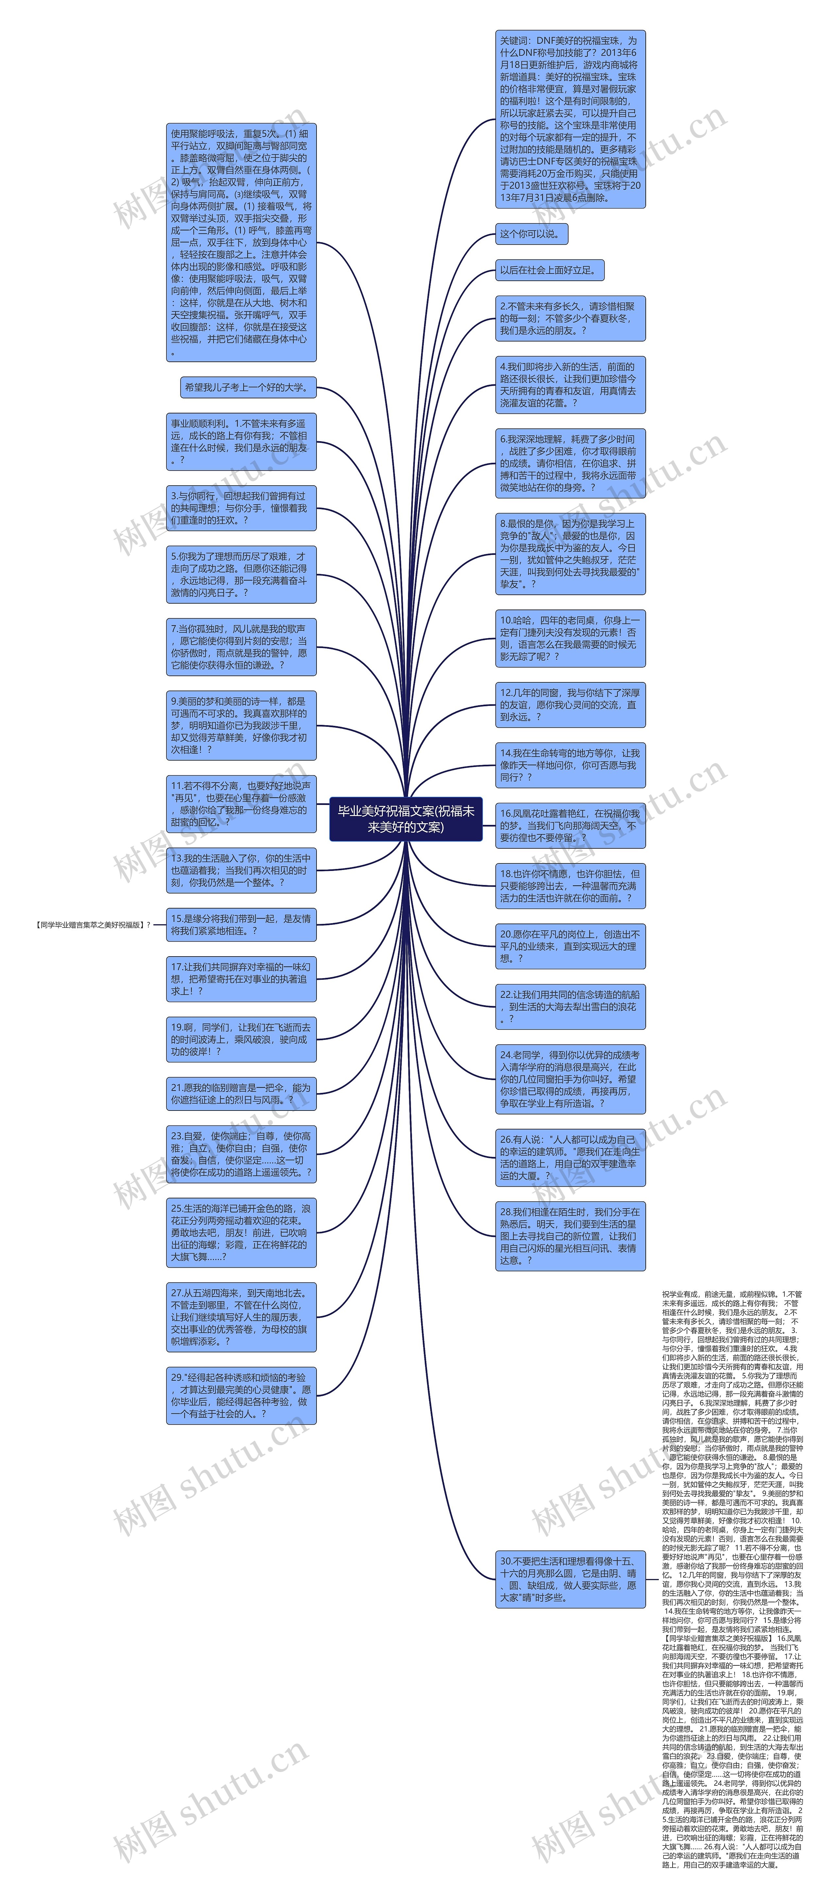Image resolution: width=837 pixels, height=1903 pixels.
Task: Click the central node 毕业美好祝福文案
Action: point(405,819)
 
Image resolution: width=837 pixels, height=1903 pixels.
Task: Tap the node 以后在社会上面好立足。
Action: point(549,270)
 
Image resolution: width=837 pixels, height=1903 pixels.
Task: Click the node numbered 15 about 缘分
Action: point(241,924)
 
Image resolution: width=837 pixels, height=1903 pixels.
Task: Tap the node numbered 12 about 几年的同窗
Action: point(570,705)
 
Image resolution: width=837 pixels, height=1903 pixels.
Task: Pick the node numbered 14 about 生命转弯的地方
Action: point(570,765)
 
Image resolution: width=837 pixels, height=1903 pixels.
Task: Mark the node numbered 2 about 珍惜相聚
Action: point(570,318)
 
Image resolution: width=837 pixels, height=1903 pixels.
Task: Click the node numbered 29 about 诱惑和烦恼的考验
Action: point(241,1395)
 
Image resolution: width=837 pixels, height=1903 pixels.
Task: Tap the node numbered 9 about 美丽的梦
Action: point(241,726)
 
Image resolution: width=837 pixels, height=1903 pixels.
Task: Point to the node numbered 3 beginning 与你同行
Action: point(241,508)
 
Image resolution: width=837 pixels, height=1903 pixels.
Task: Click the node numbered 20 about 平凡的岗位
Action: point(570,946)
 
